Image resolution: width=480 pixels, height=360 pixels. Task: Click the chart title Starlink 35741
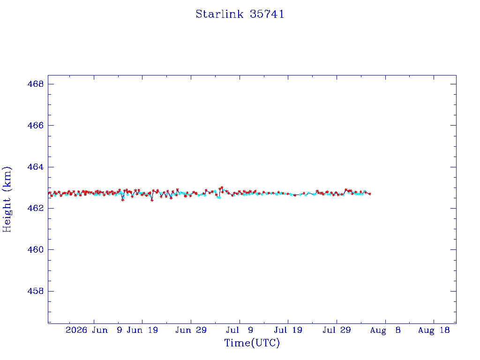point(240,14)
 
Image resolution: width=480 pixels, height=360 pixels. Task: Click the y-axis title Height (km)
point(7,199)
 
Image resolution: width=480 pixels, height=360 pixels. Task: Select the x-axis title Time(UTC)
point(252,343)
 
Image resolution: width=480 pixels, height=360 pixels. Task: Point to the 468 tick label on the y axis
point(36,84)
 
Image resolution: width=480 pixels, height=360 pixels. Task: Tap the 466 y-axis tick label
point(36,125)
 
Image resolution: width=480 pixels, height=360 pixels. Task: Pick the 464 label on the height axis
point(36,167)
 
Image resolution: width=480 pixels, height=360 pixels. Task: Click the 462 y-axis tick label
point(36,208)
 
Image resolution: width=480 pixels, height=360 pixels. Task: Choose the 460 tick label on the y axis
point(36,249)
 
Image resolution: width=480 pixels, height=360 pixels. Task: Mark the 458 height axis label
point(36,291)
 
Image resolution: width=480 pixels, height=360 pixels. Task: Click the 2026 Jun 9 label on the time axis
point(94,330)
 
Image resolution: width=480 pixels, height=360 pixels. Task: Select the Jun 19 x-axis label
point(142,330)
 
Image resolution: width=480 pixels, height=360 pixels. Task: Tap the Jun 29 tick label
point(191,330)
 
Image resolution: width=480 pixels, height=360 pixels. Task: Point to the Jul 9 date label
point(240,330)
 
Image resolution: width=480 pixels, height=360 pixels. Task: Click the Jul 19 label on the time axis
point(288,330)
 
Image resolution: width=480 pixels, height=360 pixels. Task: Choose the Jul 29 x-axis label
point(337,330)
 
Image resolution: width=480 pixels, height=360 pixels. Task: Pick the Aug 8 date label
point(385,330)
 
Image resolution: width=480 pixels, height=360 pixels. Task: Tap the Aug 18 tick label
point(434,330)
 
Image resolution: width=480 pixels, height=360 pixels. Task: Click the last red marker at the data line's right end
point(370,194)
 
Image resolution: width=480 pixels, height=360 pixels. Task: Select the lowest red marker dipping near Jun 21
point(152,200)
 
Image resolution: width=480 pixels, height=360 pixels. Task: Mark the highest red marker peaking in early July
point(222,187)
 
